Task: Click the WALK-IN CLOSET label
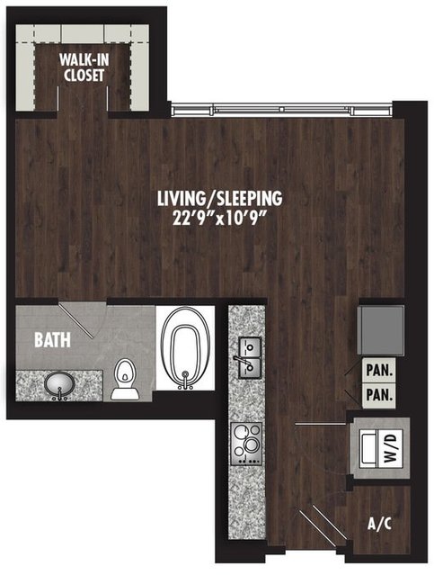[x=84, y=67]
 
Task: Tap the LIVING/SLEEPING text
[x=220, y=198]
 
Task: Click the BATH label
[x=52, y=340]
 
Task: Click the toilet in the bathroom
[x=125, y=379]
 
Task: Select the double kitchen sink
[x=250, y=357]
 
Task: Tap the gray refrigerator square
[x=381, y=330]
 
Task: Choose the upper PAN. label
[x=379, y=371]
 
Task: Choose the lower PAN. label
[x=379, y=395]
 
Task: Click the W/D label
[x=391, y=448]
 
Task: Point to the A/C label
[x=379, y=525]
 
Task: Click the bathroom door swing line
[x=75, y=319]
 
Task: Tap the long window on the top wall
[x=282, y=109]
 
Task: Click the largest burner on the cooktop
[x=252, y=445]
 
